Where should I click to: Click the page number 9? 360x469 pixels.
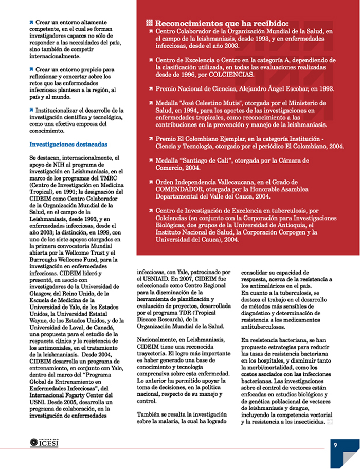pos(335,445)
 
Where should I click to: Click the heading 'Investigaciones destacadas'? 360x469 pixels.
pos(62,145)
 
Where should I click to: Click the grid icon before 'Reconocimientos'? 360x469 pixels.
pos(150,23)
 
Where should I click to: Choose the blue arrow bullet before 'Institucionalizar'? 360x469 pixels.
pos(32,110)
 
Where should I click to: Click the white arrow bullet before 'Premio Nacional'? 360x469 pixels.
pos(151,88)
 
